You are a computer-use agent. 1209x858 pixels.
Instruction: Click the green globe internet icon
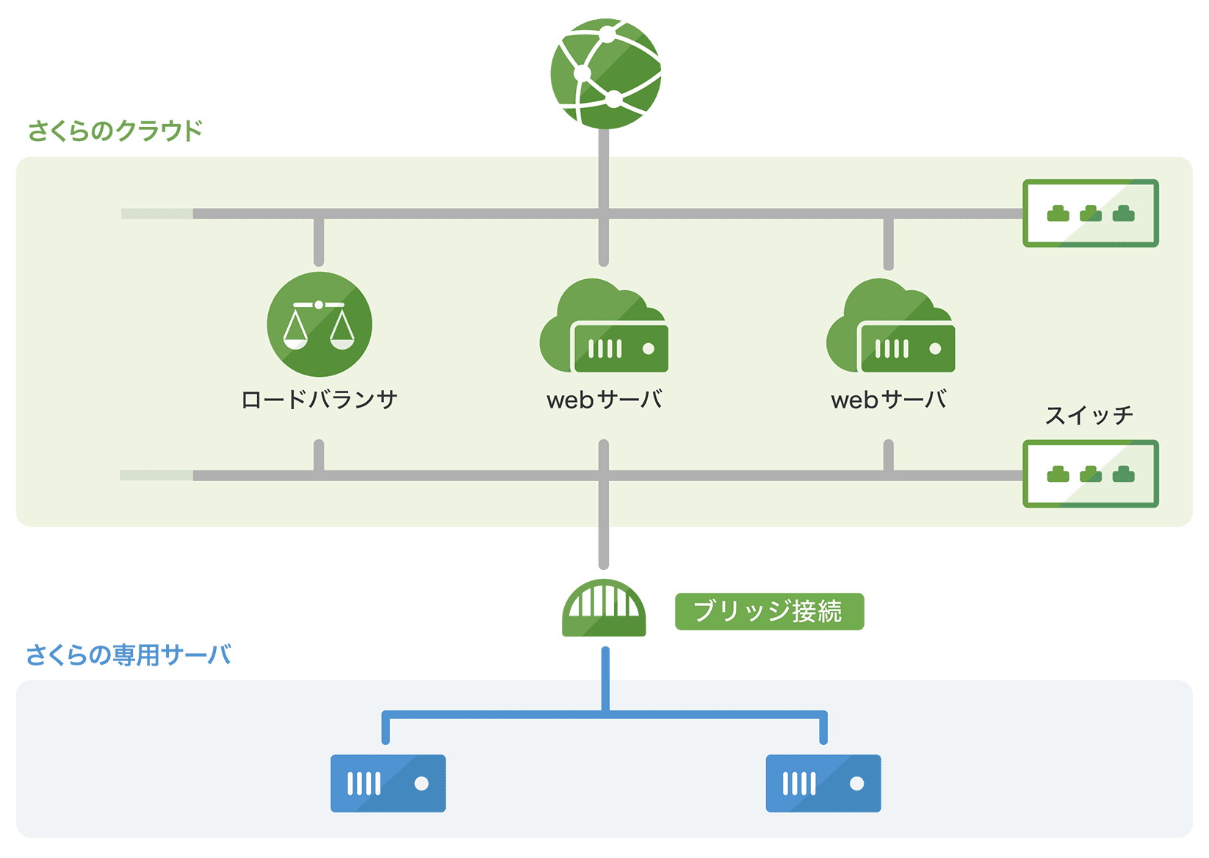click(605, 74)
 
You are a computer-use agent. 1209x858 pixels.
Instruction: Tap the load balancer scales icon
click(320, 324)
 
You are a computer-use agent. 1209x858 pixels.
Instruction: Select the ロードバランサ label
click(320, 400)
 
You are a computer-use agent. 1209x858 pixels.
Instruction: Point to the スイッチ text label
click(1089, 416)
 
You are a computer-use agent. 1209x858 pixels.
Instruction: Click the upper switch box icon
click(1091, 213)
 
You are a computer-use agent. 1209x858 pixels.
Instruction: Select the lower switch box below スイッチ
click(1091, 474)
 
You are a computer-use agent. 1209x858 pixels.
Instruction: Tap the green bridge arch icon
click(604, 608)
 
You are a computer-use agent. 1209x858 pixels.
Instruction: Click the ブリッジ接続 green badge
click(769, 611)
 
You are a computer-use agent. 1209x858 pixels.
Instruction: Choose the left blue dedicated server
click(388, 783)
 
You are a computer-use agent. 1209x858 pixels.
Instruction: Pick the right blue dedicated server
click(823, 783)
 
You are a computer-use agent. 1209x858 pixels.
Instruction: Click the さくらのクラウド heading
click(115, 131)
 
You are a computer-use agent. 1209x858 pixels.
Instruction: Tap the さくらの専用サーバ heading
click(129, 655)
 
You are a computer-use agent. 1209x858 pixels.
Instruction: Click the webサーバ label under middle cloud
click(604, 400)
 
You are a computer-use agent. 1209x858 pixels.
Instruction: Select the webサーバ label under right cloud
click(889, 400)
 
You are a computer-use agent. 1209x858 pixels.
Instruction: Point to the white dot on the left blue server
click(422, 783)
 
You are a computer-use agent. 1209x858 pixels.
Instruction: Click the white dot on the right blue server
click(856, 783)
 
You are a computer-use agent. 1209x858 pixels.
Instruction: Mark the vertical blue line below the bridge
click(605, 679)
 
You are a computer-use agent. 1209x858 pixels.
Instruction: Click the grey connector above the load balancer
click(319, 241)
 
